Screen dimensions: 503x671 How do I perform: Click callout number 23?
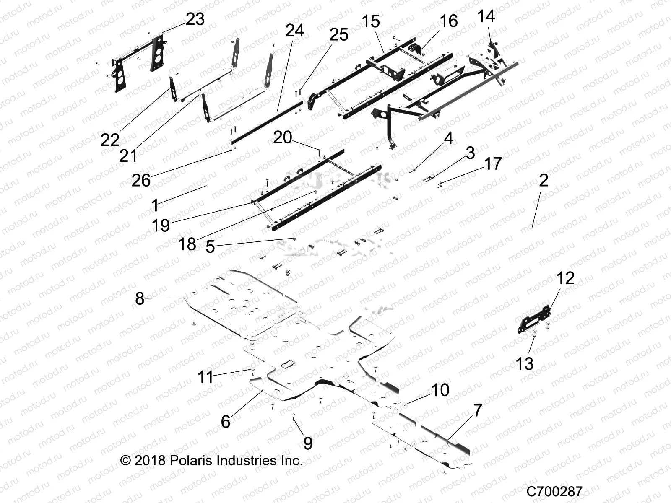[x=195, y=19]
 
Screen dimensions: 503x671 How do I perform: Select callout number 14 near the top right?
[x=486, y=16]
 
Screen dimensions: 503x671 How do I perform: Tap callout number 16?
[x=448, y=21]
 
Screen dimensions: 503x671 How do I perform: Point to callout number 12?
[x=565, y=278]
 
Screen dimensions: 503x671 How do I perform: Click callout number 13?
[x=524, y=363]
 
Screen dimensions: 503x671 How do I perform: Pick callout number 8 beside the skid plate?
[x=140, y=298]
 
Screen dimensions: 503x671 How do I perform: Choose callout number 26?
[x=141, y=180]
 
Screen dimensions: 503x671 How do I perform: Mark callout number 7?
[x=478, y=410]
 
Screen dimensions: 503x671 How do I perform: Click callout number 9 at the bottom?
[x=308, y=443]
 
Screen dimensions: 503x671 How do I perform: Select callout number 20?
[x=282, y=137]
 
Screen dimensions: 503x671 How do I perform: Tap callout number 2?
[x=543, y=180]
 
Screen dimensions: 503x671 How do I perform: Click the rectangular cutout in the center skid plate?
[x=288, y=364]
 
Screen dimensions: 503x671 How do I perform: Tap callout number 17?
[x=493, y=163]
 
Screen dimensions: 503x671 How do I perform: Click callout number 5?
[x=210, y=246]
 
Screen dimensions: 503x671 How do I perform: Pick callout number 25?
[x=338, y=34]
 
